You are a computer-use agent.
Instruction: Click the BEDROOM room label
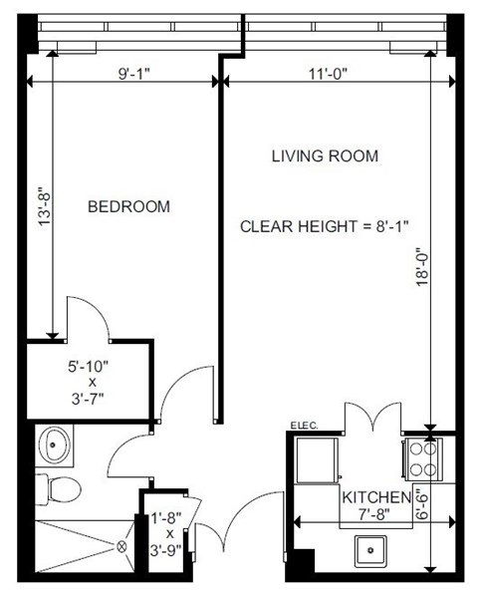point(128,207)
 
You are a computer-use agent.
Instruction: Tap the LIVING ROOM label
point(325,156)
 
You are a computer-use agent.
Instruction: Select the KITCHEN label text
point(375,497)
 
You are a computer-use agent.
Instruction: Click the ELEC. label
point(304,427)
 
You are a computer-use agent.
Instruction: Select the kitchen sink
point(373,548)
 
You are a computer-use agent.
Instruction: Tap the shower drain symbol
point(122,546)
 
